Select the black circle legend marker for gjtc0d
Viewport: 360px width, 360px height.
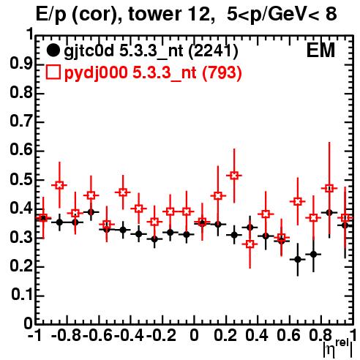53,50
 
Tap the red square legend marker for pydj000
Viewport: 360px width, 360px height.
53,72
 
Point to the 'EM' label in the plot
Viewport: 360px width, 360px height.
320,50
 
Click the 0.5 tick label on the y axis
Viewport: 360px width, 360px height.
21,179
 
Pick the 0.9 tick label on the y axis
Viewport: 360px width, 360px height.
21,64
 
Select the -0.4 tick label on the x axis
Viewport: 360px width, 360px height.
129,335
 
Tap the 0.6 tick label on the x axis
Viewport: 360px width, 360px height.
288,335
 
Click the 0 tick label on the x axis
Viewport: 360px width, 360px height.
194,335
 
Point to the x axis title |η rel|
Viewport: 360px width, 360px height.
338,348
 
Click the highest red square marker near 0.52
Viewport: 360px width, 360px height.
234,176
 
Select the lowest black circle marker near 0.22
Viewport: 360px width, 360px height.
298,260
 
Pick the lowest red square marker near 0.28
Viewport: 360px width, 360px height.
250,244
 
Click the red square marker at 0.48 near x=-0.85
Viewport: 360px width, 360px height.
59,185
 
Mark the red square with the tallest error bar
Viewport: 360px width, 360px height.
329,188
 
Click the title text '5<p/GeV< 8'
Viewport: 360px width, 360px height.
282,14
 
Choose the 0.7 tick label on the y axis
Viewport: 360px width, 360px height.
21,121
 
